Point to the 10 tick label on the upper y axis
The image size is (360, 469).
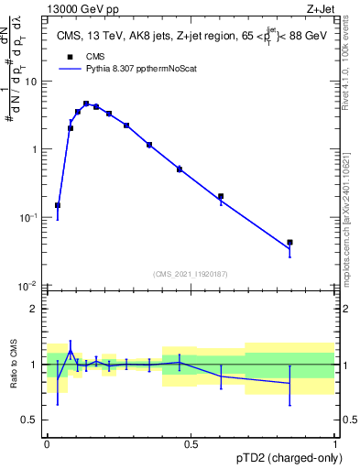click(x=33, y=82)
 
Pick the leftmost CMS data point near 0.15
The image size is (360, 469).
click(x=58, y=205)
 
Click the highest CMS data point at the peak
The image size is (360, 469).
click(x=86, y=104)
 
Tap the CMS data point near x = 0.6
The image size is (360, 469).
click(x=221, y=196)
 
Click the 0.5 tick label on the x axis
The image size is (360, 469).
click(x=191, y=443)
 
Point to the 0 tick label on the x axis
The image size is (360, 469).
click(x=47, y=443)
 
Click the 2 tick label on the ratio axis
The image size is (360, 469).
click(x=35, y=309)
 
